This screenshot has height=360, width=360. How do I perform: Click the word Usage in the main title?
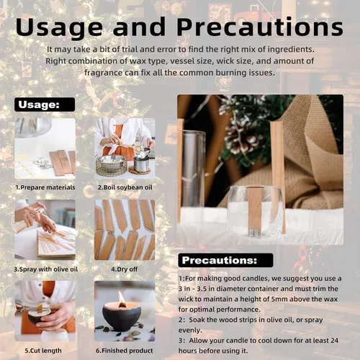59,27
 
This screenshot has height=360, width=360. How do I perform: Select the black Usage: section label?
45,104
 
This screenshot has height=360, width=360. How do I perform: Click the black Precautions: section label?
225,260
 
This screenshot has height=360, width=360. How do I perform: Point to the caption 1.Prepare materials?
45,187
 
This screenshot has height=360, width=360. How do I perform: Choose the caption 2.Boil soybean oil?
125,187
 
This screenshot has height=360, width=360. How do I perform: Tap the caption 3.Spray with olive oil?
45,269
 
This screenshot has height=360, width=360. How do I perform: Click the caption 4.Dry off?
124,269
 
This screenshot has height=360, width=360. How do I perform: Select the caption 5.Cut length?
43,351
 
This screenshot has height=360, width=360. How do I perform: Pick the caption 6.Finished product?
125,351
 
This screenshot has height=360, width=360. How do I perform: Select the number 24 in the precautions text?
334,341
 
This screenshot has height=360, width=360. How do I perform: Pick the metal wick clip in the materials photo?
42,163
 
